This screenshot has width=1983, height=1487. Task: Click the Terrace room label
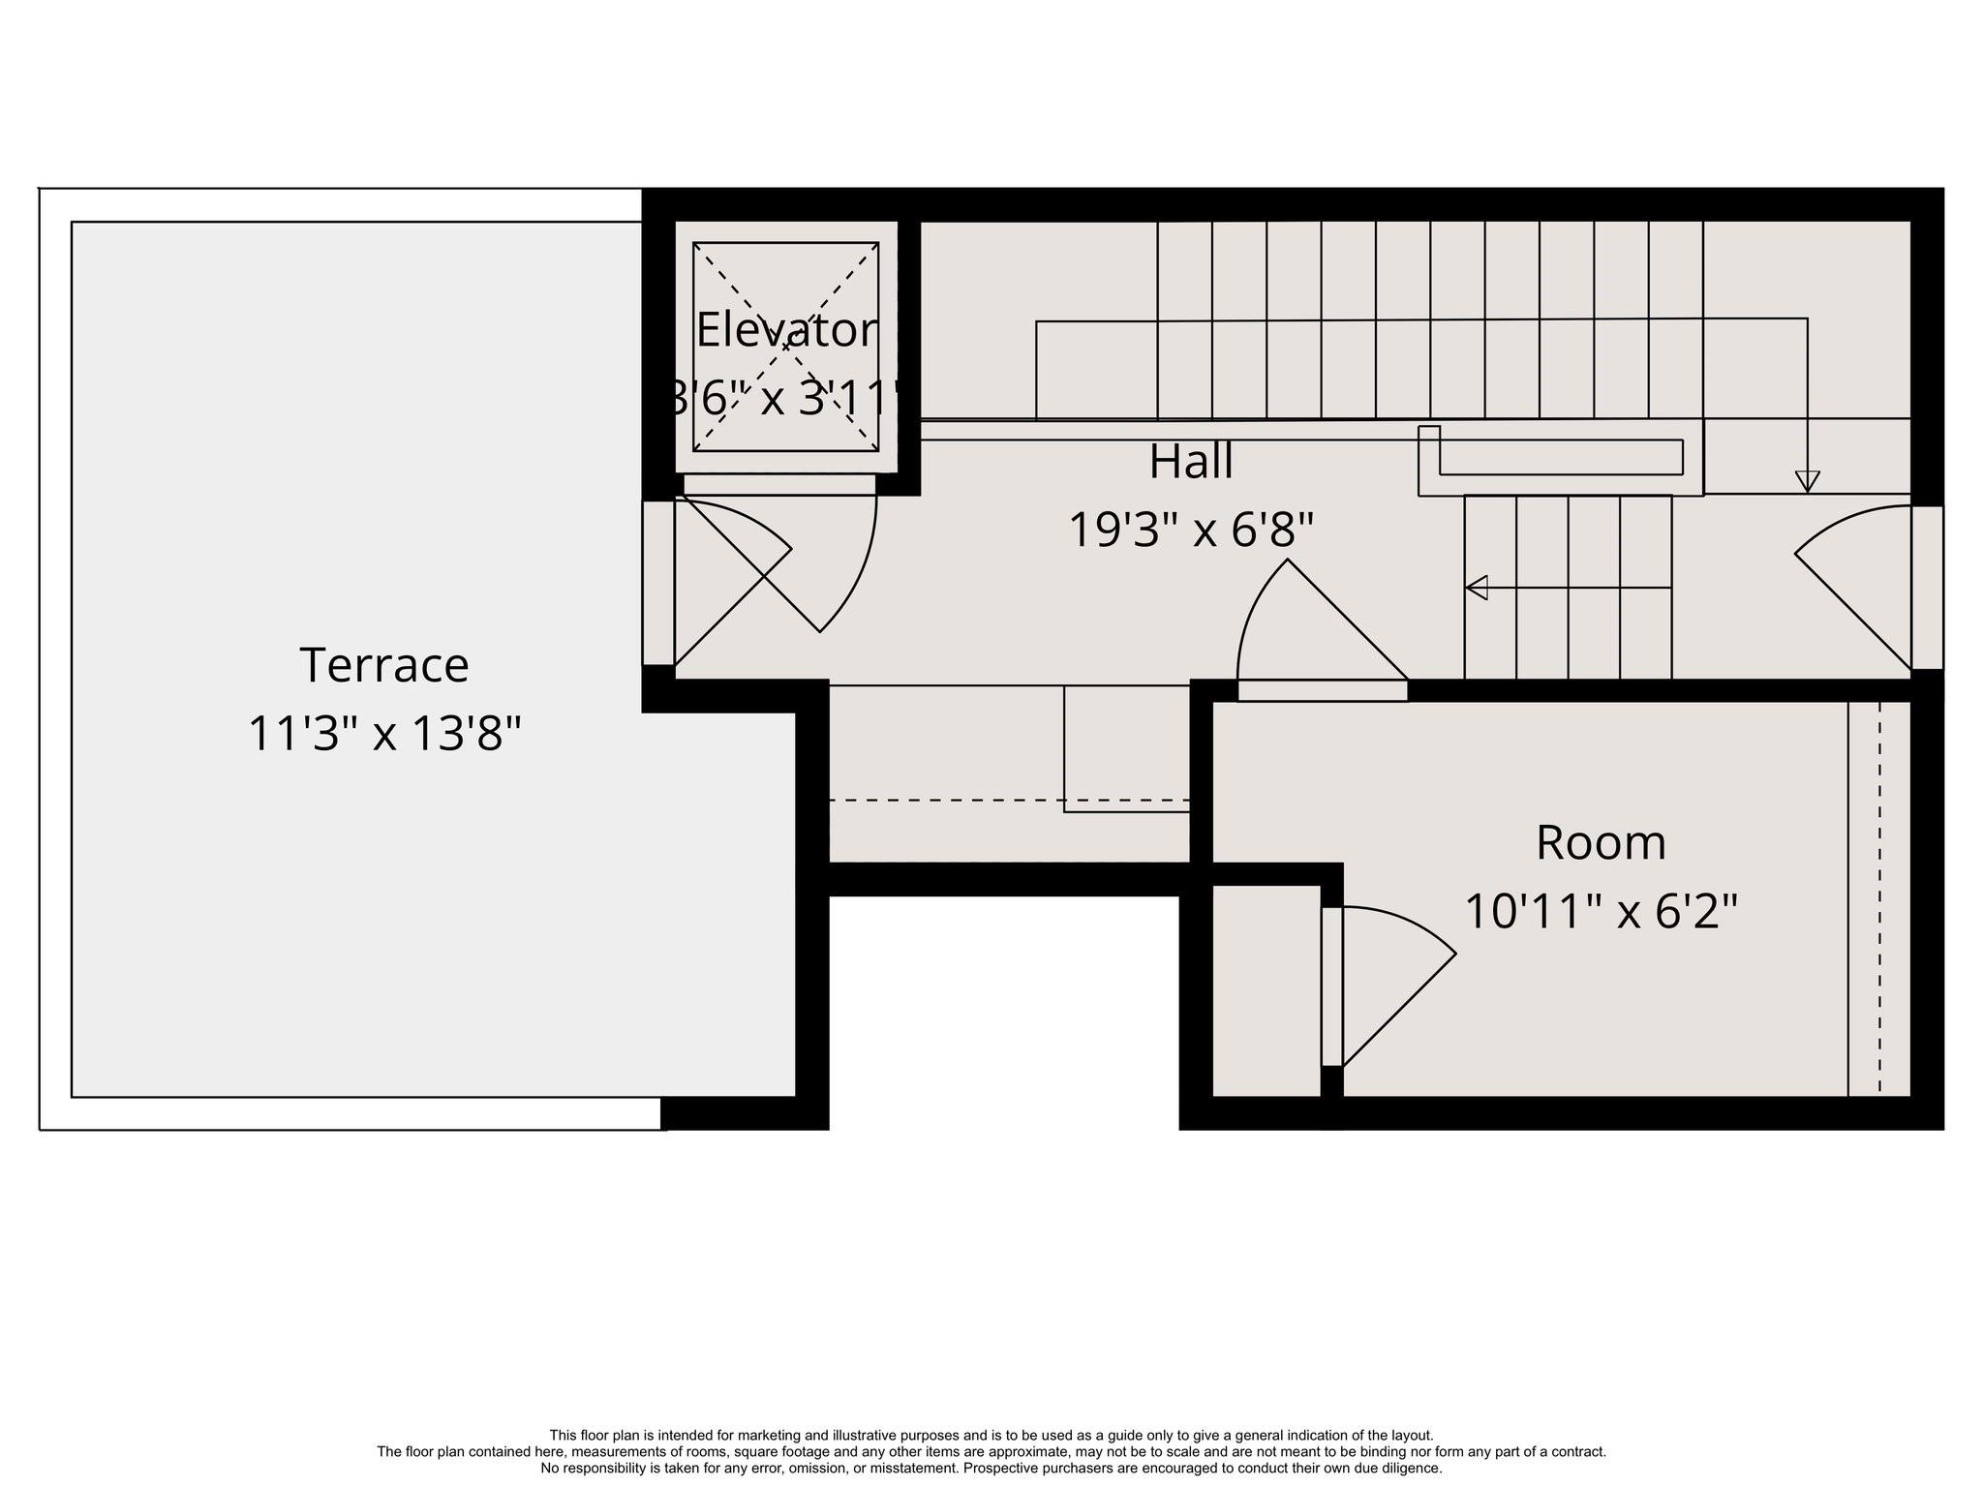coord(384,666)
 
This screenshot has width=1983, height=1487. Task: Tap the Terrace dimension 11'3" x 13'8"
coord(384,734)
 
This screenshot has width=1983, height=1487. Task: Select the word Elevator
coord(786,331)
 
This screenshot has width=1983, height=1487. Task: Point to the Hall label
coord(1191,462)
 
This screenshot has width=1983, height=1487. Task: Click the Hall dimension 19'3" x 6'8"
coord(1191,531)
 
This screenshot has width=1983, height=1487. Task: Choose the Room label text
coord(1601,843)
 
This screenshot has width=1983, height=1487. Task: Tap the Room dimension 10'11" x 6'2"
coord(1601,912)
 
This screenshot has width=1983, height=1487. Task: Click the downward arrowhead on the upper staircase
coord(1807,481)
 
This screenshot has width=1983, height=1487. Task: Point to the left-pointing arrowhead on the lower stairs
coord(1477,588)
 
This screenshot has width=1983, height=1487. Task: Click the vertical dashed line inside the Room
coord(1879,900)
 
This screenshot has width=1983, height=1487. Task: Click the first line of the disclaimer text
coord(991,1436)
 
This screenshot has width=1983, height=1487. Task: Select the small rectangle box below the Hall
coord(1126,747)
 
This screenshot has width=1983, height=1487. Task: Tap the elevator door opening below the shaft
coord(779,484)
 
